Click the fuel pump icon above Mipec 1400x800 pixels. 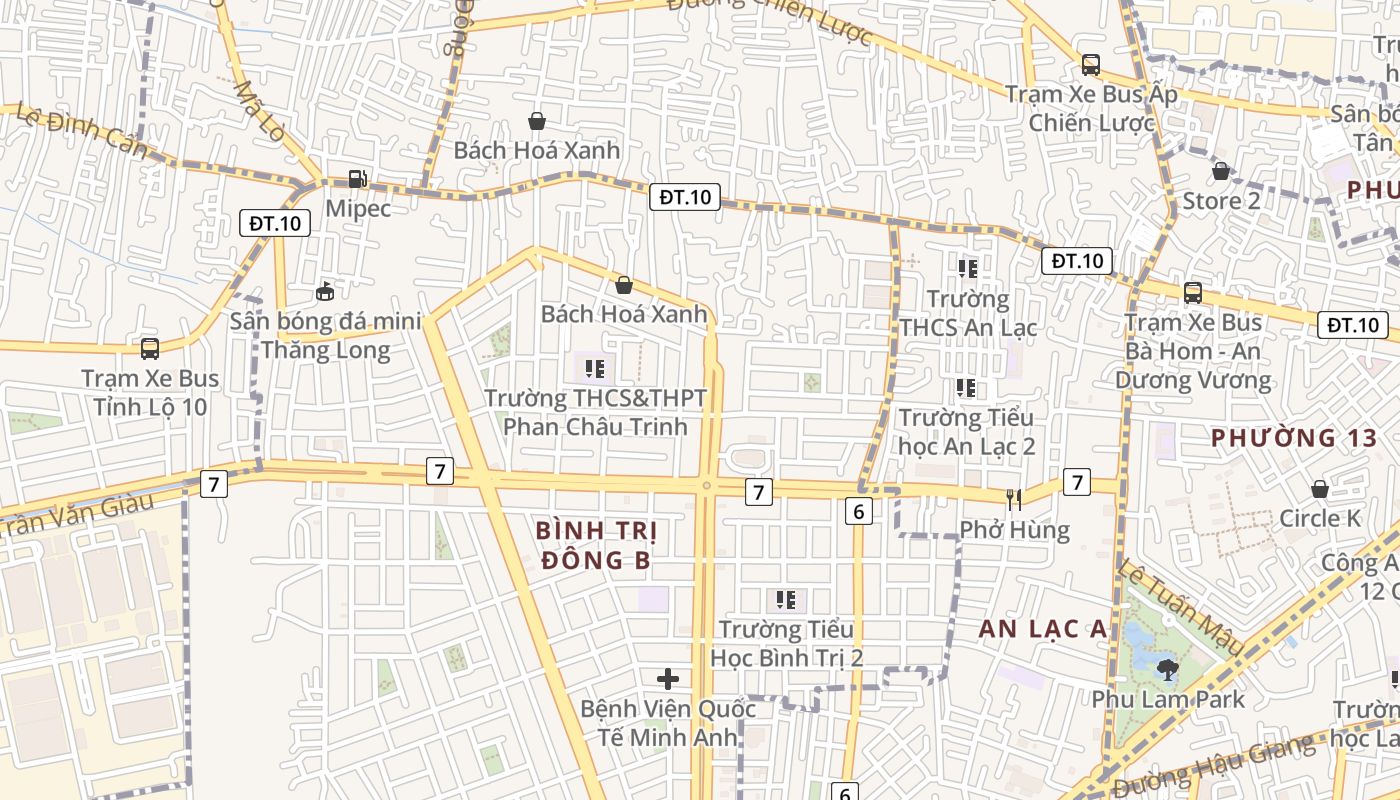[357, 179]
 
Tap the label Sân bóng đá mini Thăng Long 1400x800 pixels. [310, 336]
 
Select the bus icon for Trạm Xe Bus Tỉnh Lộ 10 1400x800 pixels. [150, 349]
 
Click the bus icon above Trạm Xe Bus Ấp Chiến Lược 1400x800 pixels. [1091, 65]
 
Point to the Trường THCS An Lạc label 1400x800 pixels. [968, 313]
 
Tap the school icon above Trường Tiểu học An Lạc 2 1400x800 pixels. [966, 388]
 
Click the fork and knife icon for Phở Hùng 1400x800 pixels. [1014, 499]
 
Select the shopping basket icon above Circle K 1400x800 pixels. [1320, 489]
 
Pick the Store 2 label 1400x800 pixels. [1221, 201]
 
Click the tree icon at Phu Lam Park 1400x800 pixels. [1166, 669]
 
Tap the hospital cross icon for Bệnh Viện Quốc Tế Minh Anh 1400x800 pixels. [668, 680]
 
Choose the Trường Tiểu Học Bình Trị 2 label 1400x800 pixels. [786, 643]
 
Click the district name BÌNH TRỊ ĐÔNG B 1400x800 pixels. [595, 545]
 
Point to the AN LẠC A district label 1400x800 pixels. [1043, 629]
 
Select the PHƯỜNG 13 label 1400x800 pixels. [1294, 438]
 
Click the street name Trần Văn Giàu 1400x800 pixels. [76, 514]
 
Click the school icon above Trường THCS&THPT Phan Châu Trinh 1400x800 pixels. [596, 369]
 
